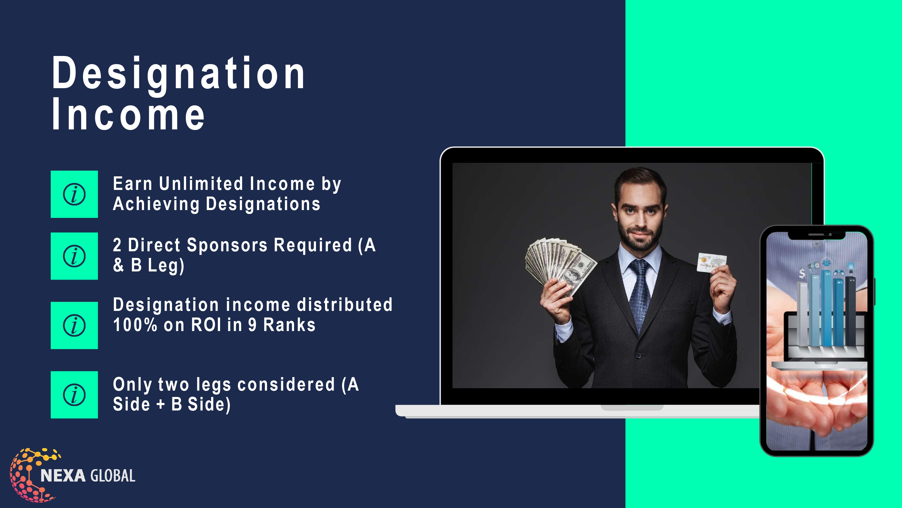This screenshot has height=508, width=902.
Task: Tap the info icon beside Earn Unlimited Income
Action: point(74,194)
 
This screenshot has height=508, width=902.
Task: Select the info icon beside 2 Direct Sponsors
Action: point(74,256)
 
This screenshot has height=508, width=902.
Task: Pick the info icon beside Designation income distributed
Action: point(74,325)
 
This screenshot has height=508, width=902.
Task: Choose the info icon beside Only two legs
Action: point(74,395)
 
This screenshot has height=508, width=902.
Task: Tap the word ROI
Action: point(206,325)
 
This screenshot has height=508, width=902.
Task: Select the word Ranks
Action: point(289,325)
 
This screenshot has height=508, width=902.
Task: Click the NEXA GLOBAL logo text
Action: point(88,476)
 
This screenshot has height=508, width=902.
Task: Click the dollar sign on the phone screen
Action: point(802,273)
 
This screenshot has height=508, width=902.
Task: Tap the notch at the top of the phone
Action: point(816,235)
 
